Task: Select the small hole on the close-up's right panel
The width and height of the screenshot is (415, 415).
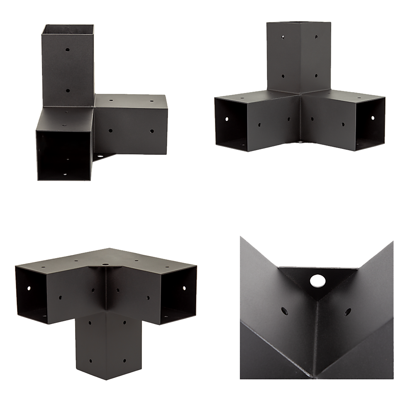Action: (345, 310)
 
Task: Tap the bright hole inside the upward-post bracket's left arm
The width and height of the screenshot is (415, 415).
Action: (227, 119)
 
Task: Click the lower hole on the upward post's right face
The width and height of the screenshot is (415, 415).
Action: (316, 76)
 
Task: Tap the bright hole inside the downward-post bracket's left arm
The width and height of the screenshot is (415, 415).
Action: (29, 287)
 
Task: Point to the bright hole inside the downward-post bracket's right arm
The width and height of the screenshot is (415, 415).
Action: (183, 286)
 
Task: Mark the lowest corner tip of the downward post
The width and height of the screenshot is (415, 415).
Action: (107, 379)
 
